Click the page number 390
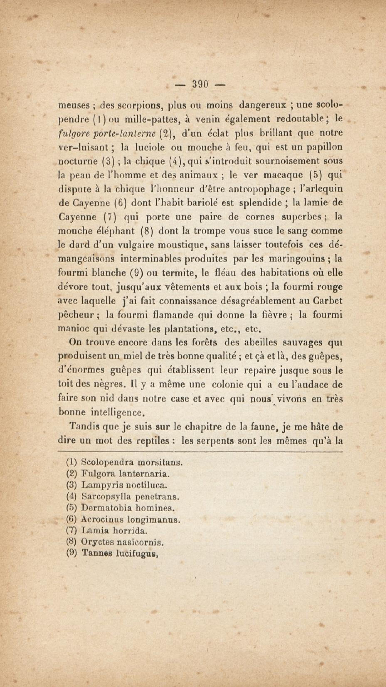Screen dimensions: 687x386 coord(200,85)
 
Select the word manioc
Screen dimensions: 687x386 coord(73,329)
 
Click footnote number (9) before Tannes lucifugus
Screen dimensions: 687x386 coord(71,553)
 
